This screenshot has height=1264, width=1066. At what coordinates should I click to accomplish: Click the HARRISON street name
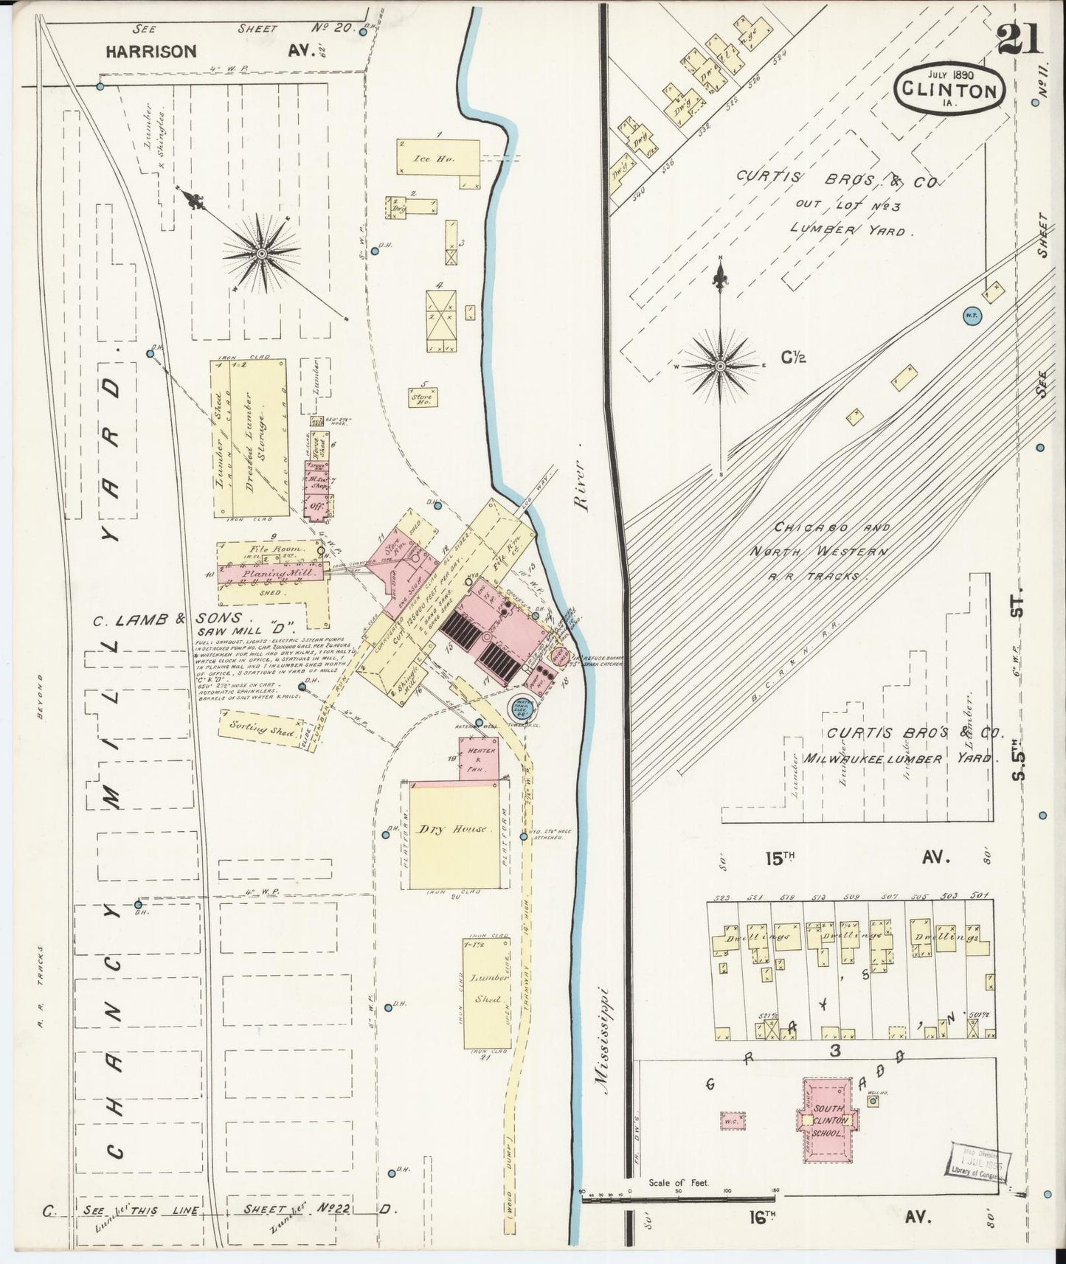coord(151,52)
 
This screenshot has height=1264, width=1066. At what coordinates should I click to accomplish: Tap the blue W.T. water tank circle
coord(971,316)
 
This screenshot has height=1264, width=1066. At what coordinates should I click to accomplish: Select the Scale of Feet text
coord(678,1183)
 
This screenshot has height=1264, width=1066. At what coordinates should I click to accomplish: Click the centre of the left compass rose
coord(260,253)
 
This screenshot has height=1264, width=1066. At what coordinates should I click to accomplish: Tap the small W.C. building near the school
coord(732,1120)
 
